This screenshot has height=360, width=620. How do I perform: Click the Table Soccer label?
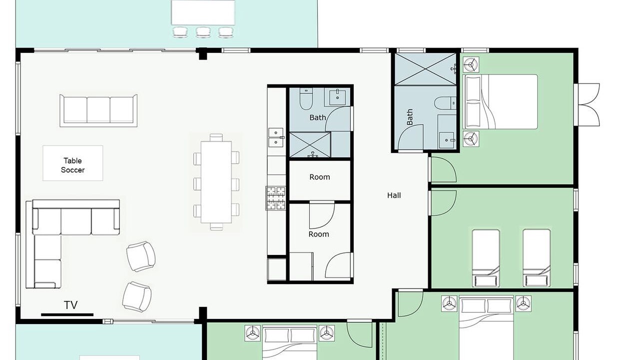click(73, 165)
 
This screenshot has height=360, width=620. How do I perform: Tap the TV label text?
click(70, 305)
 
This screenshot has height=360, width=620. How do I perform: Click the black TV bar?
click(67, 314)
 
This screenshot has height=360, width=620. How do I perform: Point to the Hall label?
click(394, 195)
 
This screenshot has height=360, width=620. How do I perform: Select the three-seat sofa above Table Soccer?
click(98, 110)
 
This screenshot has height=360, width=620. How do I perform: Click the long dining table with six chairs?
click(216, 182)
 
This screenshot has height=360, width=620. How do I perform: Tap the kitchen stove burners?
click(276, 198)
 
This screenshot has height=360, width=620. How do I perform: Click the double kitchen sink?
click(276, 137)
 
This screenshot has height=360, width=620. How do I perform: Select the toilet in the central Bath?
click(306, 99)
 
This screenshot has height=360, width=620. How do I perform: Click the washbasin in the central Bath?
click(337, 96)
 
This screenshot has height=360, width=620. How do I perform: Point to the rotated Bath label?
click(410, 117)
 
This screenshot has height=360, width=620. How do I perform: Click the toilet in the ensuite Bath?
click(445, 103)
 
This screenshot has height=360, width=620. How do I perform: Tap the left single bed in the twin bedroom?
click(486, 258)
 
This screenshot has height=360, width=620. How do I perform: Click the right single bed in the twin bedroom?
click(537, 258)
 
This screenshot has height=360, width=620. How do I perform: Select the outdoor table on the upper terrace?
click(203, 12)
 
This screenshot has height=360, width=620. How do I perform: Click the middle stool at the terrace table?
click(203, 32)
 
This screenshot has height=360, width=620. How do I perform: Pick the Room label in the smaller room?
click(320, 177)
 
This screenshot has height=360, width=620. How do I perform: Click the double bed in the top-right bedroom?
click(501, 101)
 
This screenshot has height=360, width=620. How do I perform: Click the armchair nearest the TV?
click(137, 296)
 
